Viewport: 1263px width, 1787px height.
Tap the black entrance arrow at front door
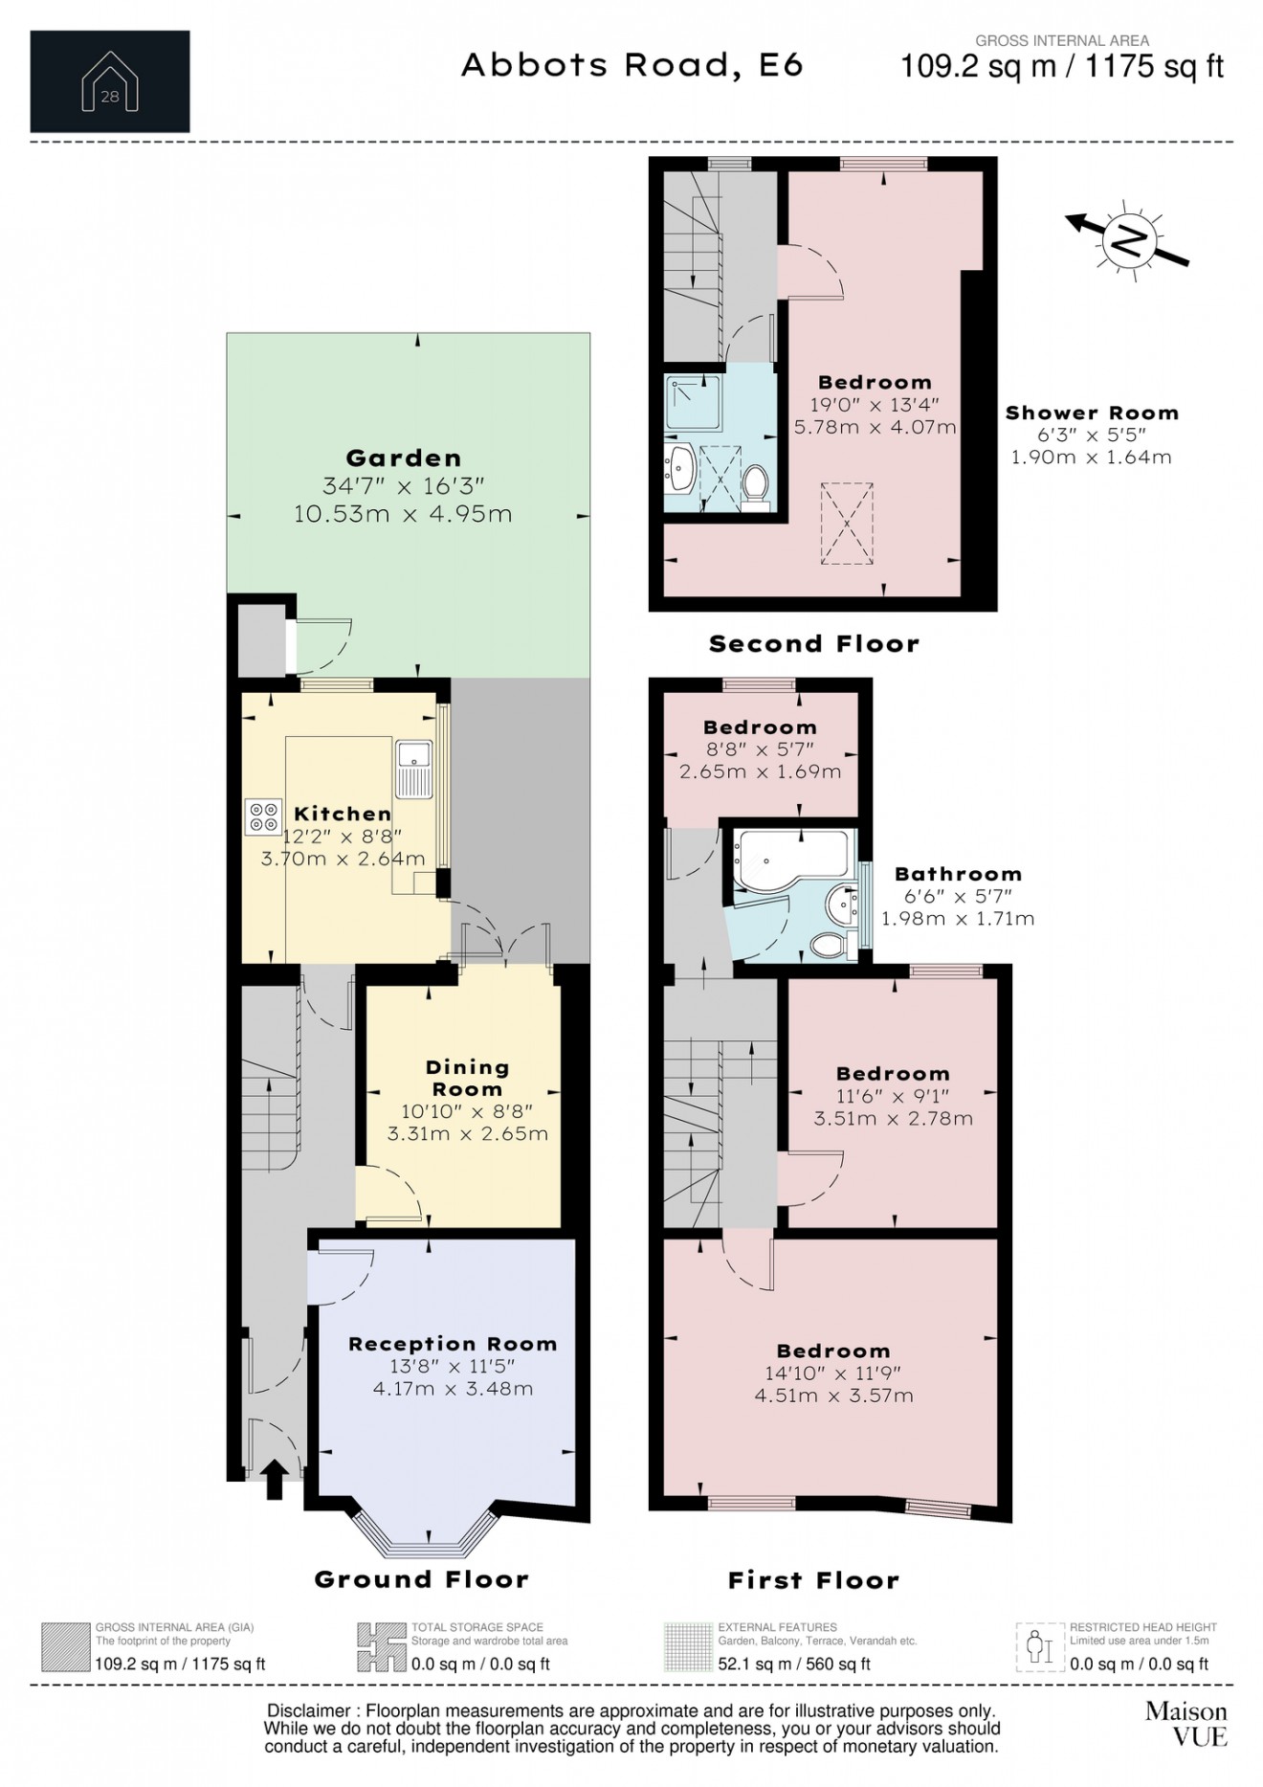pyautogui.click(x=274, y=1479)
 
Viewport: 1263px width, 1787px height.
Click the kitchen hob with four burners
pyautogui.click(x=263, y=815)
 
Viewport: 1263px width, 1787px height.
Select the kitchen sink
pyautogui.click(x=414, y=769)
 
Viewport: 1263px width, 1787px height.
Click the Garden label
pyautogui.click(x=403, y=458)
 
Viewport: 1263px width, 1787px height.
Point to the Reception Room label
pyautogui.click(x=453, y=1344)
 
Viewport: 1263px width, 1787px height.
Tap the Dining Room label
pyautogui.click(x=467, y=1078)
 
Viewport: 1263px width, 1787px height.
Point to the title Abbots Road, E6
pyautogui.click(x=632, y=65)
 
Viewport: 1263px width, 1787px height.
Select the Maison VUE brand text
pyautogui.click(x=1185, y=1723)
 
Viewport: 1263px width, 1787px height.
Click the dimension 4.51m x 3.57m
pyautogui.click(x=833, y=1396)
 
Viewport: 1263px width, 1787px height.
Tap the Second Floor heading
pyautogui.click(x=813, y=644)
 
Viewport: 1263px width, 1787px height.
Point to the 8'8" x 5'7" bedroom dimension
pyautogui.click(x=760, y=749)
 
